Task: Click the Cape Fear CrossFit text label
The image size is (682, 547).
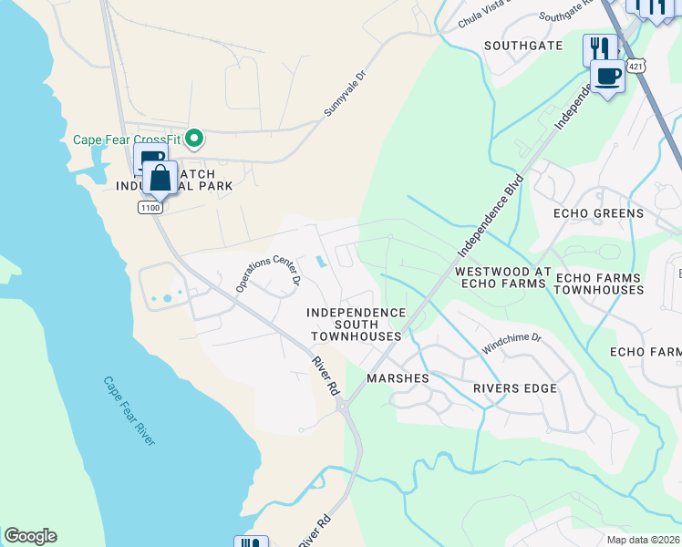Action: pos(127,139)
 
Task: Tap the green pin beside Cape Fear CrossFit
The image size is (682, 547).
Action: pos(193,139)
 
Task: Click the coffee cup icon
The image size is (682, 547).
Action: pos(608,75)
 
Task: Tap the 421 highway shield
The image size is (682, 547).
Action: pos(636,66)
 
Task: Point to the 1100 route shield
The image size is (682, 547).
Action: pos(150,208)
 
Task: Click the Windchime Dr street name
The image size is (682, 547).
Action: pos(511,344)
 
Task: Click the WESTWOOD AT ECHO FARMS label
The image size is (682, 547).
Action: pos(500,278)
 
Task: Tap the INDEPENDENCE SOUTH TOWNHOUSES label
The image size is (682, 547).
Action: pos(356,324)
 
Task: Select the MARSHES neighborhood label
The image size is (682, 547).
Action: pos(397,377)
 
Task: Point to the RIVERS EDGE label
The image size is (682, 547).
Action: pos(514,388)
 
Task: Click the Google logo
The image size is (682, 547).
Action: pos(30,536)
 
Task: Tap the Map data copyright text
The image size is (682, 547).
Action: pos(644,540)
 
